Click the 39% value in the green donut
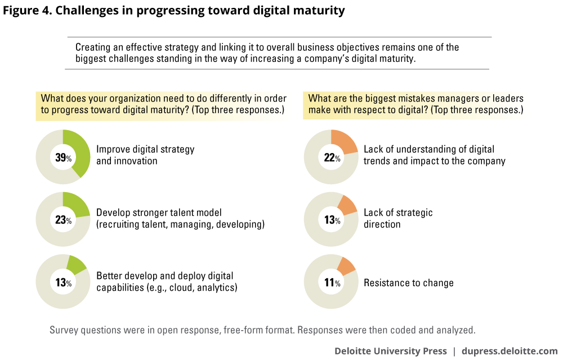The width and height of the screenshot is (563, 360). pyautogui.click(x=62, y=158)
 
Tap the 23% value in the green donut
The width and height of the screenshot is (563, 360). pyautogui.click(x=62, y=221)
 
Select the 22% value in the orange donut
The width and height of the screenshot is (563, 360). pyautogui.click(x=331, y=158)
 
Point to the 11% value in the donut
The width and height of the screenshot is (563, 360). pyautogui.click(x=331, y=283)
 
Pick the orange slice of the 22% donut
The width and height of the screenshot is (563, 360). pyautogui.click(x=345, y=142)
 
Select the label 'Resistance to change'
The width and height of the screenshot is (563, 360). pyautogui.click(x=408, y=283)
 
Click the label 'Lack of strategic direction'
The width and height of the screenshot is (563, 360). pyautogui.click(x=398, y=218)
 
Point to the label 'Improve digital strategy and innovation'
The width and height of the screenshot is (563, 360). pyautogui.click(x=145, y=155)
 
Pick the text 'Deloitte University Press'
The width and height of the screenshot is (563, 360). pyautogui.click(x=391, y=351)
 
